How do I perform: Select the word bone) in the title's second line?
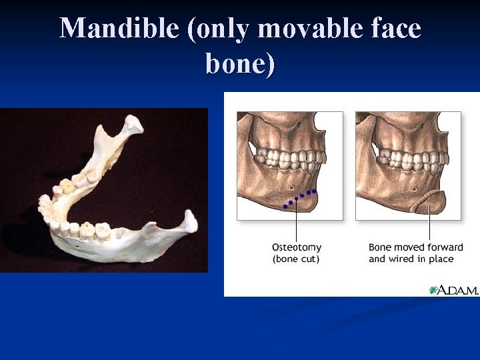click(240, 64)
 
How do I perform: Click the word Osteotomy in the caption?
click(297, 248)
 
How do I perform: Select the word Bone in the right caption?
click(381, 248)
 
